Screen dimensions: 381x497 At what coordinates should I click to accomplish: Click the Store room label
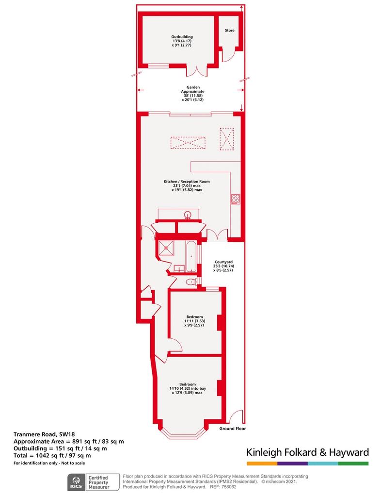coord(229,31)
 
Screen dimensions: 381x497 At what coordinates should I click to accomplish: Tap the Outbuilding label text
coord(182,37)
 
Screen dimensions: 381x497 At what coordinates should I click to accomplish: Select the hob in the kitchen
coord(236,199)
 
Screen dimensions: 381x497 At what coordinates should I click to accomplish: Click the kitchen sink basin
coord(188,215)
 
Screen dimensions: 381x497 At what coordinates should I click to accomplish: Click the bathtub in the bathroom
coord(191,257)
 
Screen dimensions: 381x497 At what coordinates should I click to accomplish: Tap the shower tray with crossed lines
coord(166,248)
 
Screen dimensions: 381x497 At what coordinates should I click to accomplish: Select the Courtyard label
coord(223,262)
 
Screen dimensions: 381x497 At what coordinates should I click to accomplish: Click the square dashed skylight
coord(226,139)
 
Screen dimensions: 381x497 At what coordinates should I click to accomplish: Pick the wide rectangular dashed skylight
coord(188,143)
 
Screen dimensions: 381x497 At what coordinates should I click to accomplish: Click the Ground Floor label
coord(233,429)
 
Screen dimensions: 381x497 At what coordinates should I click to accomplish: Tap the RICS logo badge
coord(76,482)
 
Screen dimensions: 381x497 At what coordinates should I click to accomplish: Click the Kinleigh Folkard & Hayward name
coord(308,452)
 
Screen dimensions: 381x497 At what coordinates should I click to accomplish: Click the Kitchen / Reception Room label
coord(187,182)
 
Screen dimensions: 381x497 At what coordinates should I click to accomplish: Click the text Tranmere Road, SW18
coord(44,434)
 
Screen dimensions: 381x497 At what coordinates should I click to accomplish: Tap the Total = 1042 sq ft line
coord(52,456)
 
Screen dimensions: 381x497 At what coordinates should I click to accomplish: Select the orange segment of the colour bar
coord(262,464)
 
